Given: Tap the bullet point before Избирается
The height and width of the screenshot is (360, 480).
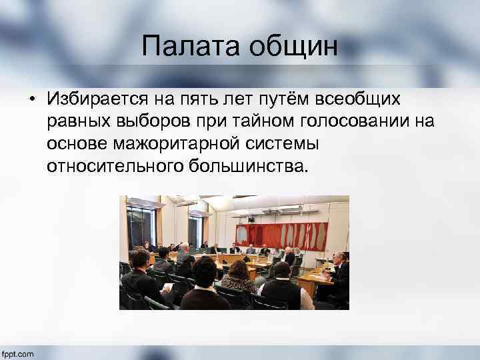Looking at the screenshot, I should click(x=31, y=100).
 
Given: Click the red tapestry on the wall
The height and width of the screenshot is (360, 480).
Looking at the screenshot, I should click(x=281, y=235).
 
